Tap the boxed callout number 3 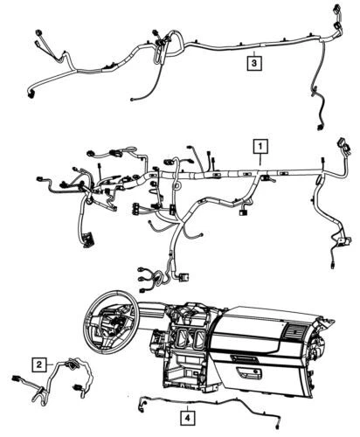[253, 63]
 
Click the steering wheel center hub [110, 321]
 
